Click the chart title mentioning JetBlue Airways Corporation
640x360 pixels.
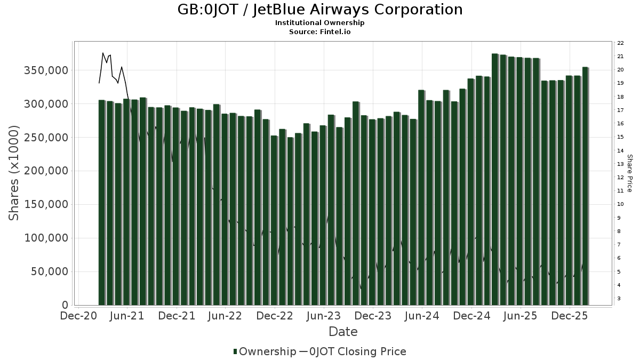tap(320, 10)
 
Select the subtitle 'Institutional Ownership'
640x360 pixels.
tap(320, 23)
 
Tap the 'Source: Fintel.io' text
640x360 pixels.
tap(320, 31)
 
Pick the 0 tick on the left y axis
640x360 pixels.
tap(65, 306)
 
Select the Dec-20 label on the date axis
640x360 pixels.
tap(78, 316)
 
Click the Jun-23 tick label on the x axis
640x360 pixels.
tap(324, 316)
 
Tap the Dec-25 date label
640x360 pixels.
tap(570, 316)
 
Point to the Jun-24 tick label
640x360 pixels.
tap(422, 316)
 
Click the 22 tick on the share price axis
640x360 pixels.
tap(620, 43)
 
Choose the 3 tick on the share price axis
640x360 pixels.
tap(619, 299)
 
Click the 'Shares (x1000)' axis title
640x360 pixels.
tap(14, 173)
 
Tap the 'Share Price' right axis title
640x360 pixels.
tap(629, 173)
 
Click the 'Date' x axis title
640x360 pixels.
tap(343, 332)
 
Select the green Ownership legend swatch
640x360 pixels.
tap(235, 351)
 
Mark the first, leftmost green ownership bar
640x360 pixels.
tap(101, 203)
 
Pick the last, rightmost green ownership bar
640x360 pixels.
tap(585, 186)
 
